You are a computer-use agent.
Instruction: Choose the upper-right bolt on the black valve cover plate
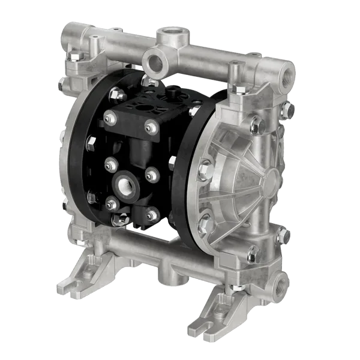tap(149, 125)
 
